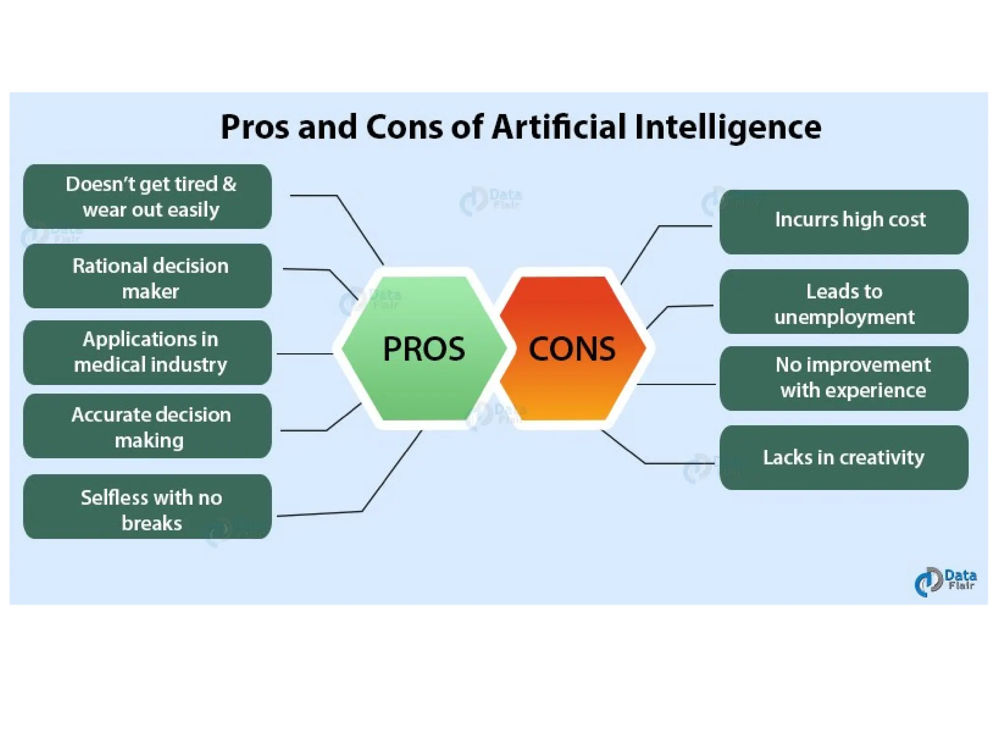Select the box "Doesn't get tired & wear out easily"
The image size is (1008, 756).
coord(148,196)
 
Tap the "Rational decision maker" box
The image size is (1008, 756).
coord(148,276)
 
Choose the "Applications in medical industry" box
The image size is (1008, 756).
coord(148,352)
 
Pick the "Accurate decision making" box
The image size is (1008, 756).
coord(148,426)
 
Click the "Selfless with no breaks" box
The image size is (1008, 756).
coord(148,507)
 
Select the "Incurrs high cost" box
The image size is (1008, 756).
coord(844,222)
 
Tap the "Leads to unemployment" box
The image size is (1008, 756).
coord(844,302)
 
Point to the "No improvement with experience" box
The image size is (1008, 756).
coord(844,378)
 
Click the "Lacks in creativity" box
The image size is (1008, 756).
coord(844,458)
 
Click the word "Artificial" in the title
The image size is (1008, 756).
coord(559,127)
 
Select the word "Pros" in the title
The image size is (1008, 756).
coord(254,127)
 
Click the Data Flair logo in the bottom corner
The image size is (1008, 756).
coord(945,582)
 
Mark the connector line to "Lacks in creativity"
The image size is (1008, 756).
coord(679,463)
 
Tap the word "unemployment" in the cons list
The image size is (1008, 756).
coord(844,317)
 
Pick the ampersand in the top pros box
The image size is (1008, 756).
coord(229,184)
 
